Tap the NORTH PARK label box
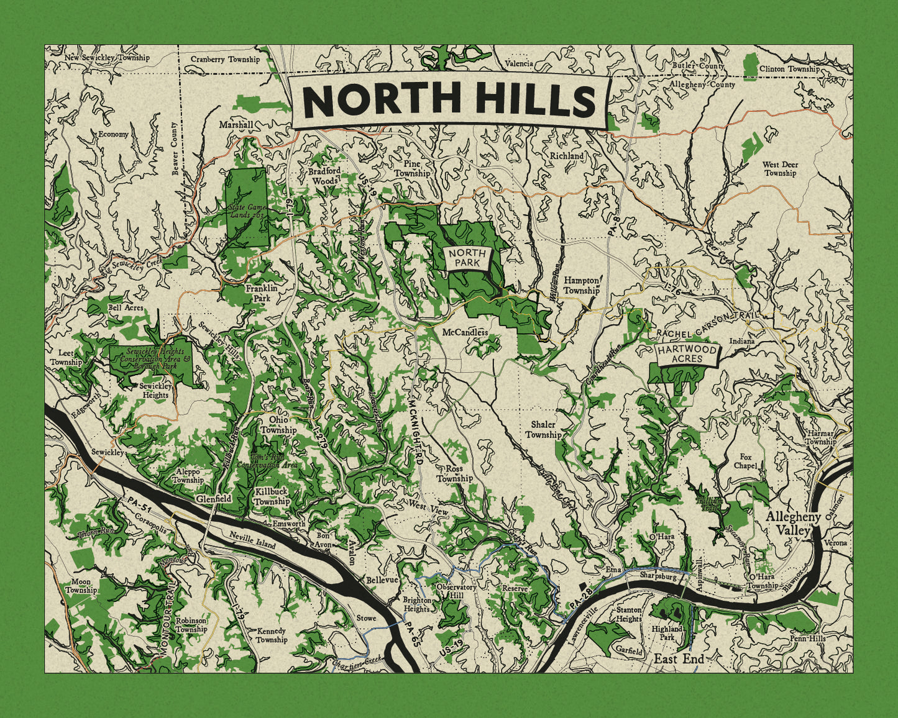click(x=467, y=258)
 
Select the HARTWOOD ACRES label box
click(x=687, y=355)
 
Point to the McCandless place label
click(x=465, y=332)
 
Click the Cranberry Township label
click(x=225, y=60)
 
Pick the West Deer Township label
click(x=780, y=169)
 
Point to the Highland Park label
click(x=667, y=633)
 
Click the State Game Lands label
click(x=247, y=210)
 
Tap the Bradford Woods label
click(x=325, y=176)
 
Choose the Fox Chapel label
click(x=745, y=461)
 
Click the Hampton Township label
click(x=582, y=285)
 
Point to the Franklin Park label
click(x=261, y=293)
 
